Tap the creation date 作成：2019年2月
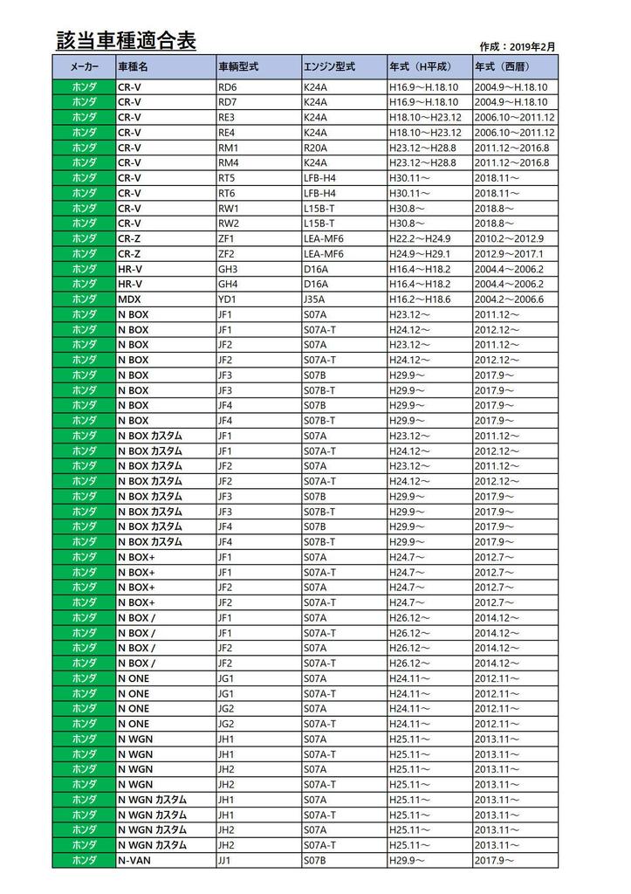518,46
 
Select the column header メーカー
84,65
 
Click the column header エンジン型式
329,65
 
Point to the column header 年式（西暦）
502,65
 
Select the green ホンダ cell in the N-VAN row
84,861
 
